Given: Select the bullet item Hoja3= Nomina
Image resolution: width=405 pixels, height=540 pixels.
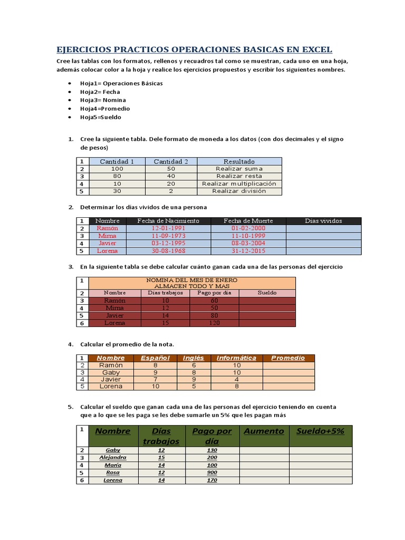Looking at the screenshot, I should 103,100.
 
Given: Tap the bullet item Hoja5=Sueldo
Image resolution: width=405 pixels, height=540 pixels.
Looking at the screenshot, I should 101,117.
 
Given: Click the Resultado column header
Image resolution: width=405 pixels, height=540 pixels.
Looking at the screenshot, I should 239,161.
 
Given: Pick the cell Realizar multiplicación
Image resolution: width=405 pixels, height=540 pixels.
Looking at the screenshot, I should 239,184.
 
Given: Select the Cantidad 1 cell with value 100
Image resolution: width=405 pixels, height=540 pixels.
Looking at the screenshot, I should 117,169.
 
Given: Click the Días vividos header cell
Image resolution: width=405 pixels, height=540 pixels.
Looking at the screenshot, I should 323,221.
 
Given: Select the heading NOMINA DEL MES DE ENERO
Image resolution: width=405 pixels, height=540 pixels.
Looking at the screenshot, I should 191,279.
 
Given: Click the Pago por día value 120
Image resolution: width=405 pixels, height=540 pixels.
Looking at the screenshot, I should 214,322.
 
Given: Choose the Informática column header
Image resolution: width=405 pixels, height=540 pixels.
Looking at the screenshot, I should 236,358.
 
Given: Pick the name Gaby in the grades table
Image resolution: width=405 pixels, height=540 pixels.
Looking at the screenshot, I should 111,372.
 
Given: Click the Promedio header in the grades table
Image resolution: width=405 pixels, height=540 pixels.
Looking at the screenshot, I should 288,358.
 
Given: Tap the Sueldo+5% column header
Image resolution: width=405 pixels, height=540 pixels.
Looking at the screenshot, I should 320,431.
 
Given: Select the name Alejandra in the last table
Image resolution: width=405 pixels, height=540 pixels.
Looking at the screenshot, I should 113,458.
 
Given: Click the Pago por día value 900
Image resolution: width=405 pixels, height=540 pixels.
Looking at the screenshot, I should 211,472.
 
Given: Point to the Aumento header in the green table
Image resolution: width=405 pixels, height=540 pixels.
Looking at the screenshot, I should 264,431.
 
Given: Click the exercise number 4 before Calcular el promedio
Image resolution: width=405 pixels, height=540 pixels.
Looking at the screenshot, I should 70,344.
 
